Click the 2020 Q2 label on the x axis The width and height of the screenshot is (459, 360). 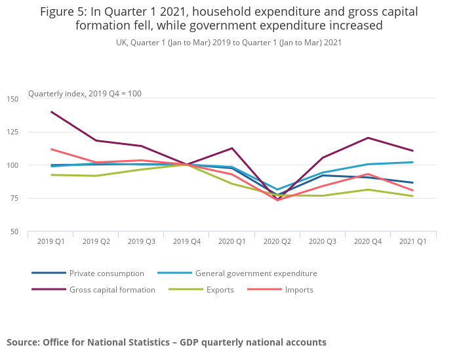(277, 241)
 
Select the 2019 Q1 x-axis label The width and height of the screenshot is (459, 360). (50, 241)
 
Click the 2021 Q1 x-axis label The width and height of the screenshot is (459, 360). (413, 241)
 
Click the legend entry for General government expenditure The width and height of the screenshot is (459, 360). (256, 273)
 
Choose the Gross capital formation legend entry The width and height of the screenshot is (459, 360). (112, 290)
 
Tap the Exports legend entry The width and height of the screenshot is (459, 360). (220, 290)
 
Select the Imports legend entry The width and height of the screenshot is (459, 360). (299, 290)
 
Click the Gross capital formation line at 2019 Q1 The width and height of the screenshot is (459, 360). (51, 111)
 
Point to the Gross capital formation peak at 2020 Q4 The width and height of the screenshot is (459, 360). (368, 138)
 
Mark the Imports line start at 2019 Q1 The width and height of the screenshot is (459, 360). (51, 149)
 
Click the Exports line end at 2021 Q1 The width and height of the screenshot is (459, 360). (413, 196)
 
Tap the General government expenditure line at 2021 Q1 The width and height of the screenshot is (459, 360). (413, 162)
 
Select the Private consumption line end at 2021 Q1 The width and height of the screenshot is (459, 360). (413, 183)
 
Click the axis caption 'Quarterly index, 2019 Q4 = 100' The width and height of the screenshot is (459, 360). (85, 94)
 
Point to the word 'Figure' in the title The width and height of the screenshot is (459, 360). (57, 12)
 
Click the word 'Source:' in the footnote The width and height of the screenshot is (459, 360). (24, 342)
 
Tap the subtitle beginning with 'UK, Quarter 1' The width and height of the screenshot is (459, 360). (229, 42)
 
